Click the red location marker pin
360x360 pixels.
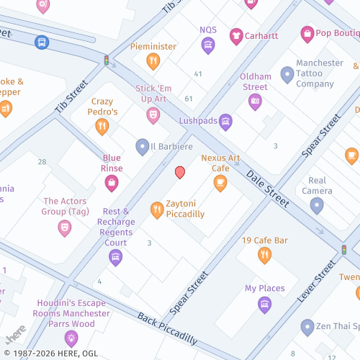coord(180,172)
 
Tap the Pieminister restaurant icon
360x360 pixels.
coord(153,61)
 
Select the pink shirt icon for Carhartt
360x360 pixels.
coord(235,35)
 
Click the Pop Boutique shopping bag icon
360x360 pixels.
coord(307,34)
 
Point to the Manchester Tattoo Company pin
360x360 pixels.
coord(287,73)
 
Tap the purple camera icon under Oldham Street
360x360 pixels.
coord(255,102)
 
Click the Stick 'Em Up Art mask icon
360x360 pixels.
coord(153,114)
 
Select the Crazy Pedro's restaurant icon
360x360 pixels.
coord(102,127)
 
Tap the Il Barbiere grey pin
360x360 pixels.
coord(143,147)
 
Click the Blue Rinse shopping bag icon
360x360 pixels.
coord(112,183)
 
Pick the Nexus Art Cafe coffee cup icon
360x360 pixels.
coord(220,183)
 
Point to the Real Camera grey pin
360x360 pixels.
coord(316,206)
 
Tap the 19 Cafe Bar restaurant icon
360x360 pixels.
coord(265,255)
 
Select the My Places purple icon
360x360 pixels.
coord(264,304)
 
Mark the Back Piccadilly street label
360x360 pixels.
coord(166,328)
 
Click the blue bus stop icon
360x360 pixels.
coord(42,42)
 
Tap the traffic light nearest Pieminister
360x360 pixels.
coord(107,61)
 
